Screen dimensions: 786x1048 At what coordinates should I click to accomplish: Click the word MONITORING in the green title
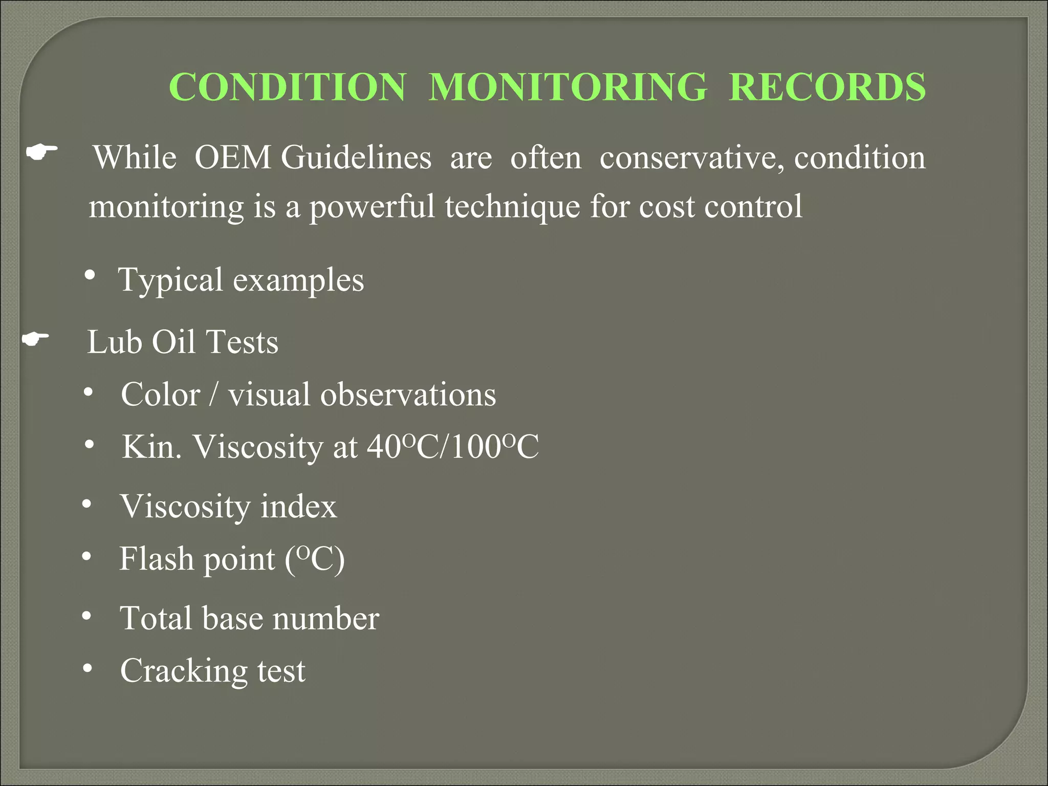coord(567,87)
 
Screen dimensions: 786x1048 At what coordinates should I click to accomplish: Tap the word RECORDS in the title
coord(827,87)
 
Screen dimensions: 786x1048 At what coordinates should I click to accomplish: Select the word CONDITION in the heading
coord(288,87)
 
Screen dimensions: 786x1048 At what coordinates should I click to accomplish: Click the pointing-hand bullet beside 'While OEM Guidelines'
coord(42,152)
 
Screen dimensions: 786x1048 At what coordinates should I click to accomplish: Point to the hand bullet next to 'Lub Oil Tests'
coord(36,339)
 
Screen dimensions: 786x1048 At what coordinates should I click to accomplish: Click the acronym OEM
coord(233,157)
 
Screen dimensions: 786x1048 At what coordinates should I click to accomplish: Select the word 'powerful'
coord(372,207)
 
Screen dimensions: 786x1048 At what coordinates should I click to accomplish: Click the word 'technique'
coord(512,207)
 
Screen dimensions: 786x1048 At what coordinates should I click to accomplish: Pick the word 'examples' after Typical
coord(298,280)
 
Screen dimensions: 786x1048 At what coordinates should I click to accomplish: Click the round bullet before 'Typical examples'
coord(90,275)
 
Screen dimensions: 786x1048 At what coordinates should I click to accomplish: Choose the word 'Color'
coord(160,395)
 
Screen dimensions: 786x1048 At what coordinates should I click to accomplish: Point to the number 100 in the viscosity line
coord(476,447)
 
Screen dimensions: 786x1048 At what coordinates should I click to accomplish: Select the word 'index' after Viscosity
coord(298,506)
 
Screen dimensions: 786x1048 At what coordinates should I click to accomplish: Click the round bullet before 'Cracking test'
coord(88,668)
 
